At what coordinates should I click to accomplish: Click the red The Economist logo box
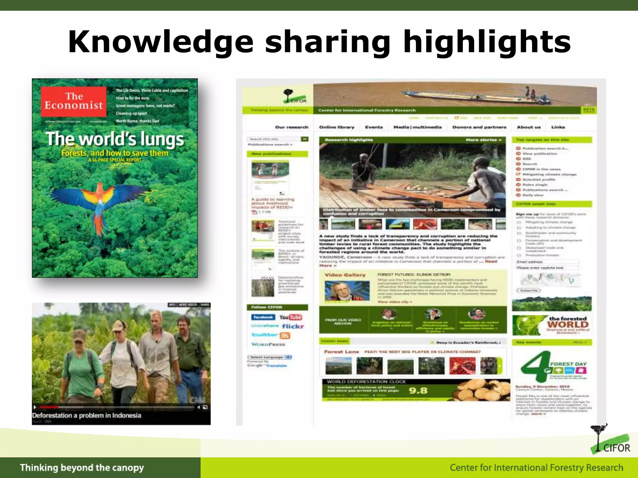pyautogui.click(x=74, y=101)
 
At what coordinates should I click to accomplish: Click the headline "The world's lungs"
pyautogui.click(x=115, y=139)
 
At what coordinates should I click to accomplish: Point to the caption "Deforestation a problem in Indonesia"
pyautogui.click(x=87, y=415)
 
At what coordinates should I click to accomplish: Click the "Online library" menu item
pyautogui.click(x=337, y=127)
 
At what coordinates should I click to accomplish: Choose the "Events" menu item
pyautogui.click(x=374, y=127)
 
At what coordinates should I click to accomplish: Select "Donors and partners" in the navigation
pyautogui.click(x=479, y=127)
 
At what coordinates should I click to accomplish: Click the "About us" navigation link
pyautogui.click(x=529, y=127)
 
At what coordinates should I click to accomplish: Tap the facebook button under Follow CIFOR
pyautogui.click(x=263, y=317)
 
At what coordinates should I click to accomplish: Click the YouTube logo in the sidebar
pyautogui.click(x=290, y=317)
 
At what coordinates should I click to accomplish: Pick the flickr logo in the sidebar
pyautogui.click(x=293, y=326)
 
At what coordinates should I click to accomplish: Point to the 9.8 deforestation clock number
pyautogui.click(x=418, y=391)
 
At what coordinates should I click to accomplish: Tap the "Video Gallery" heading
pyautogui.click(x=345, y=275)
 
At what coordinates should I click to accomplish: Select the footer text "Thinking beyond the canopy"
pyautogui.click(x=82, y=467)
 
